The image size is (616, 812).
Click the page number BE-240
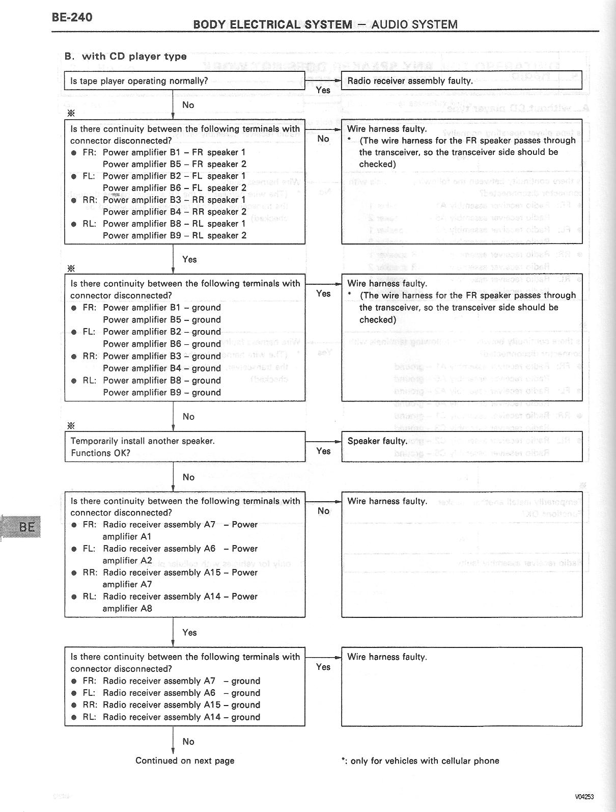(72, 17)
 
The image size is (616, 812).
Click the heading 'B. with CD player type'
(125, 56)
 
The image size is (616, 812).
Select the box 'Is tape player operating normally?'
(184, 81)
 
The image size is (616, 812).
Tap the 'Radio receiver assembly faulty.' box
(461, 81)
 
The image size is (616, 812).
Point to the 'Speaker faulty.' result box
(461, 447)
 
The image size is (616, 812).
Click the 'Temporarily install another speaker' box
(184, 447)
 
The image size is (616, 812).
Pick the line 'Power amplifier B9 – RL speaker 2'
(174, 235)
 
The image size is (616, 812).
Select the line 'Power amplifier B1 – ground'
(161, 308)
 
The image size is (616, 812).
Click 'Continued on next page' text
(185, 761)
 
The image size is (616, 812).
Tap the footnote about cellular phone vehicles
(421, 761)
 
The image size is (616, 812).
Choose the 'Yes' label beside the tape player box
(323, 90)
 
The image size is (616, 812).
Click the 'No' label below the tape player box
(188, 105)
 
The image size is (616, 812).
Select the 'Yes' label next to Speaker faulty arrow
(323, 451)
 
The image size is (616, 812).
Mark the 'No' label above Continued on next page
(188, 742)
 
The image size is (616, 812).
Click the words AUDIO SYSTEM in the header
(414, 24)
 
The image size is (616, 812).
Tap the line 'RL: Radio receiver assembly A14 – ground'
(172, 717)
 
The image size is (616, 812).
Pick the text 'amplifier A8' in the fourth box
(127, 608)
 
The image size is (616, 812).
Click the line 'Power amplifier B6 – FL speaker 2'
(174, 188)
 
